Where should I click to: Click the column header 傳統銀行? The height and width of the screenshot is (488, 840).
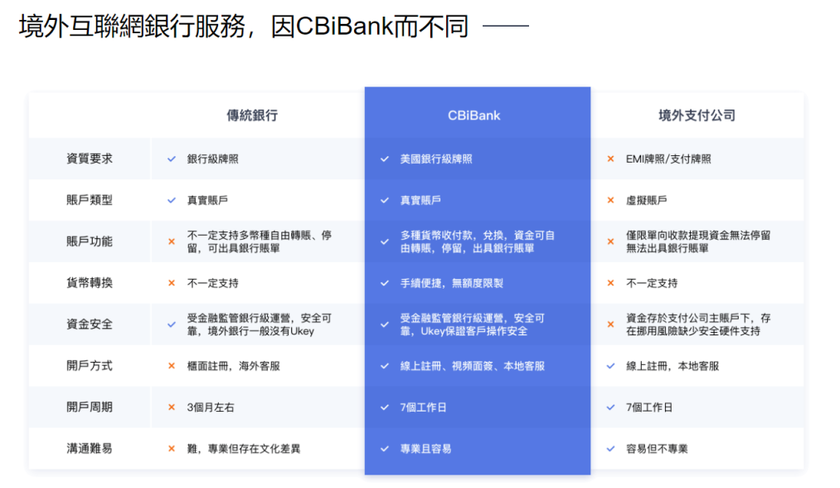[252, 115]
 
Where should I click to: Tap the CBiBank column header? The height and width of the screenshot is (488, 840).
[474, 115]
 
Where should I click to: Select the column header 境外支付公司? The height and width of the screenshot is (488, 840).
[697, 115]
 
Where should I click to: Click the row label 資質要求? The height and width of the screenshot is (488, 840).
[90, 159]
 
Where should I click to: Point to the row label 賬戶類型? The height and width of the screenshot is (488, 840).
[90, 200]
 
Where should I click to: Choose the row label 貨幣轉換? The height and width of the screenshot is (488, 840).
[90, 283]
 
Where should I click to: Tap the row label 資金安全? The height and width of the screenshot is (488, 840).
[90, 325]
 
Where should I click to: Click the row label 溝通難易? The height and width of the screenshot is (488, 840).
[90, 449]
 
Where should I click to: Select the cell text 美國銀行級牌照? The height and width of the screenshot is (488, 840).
[436, 159]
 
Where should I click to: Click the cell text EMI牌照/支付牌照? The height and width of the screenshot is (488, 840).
[668, 159]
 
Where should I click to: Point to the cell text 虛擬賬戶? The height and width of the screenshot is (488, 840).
[647, 201]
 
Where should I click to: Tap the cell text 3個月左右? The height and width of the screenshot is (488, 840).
[211, 407]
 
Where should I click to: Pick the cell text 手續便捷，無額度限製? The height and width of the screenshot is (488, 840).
[452, 283]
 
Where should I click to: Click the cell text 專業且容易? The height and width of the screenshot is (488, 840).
[426, 449]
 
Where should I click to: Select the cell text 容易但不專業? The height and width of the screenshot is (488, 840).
[657, 449]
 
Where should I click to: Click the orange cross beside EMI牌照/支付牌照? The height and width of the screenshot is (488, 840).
[610, 159]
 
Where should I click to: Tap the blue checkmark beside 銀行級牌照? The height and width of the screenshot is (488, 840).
[172, 159]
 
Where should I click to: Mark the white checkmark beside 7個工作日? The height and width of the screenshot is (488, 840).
[385, 407]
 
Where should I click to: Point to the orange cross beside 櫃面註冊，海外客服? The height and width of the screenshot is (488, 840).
[172, 366]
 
